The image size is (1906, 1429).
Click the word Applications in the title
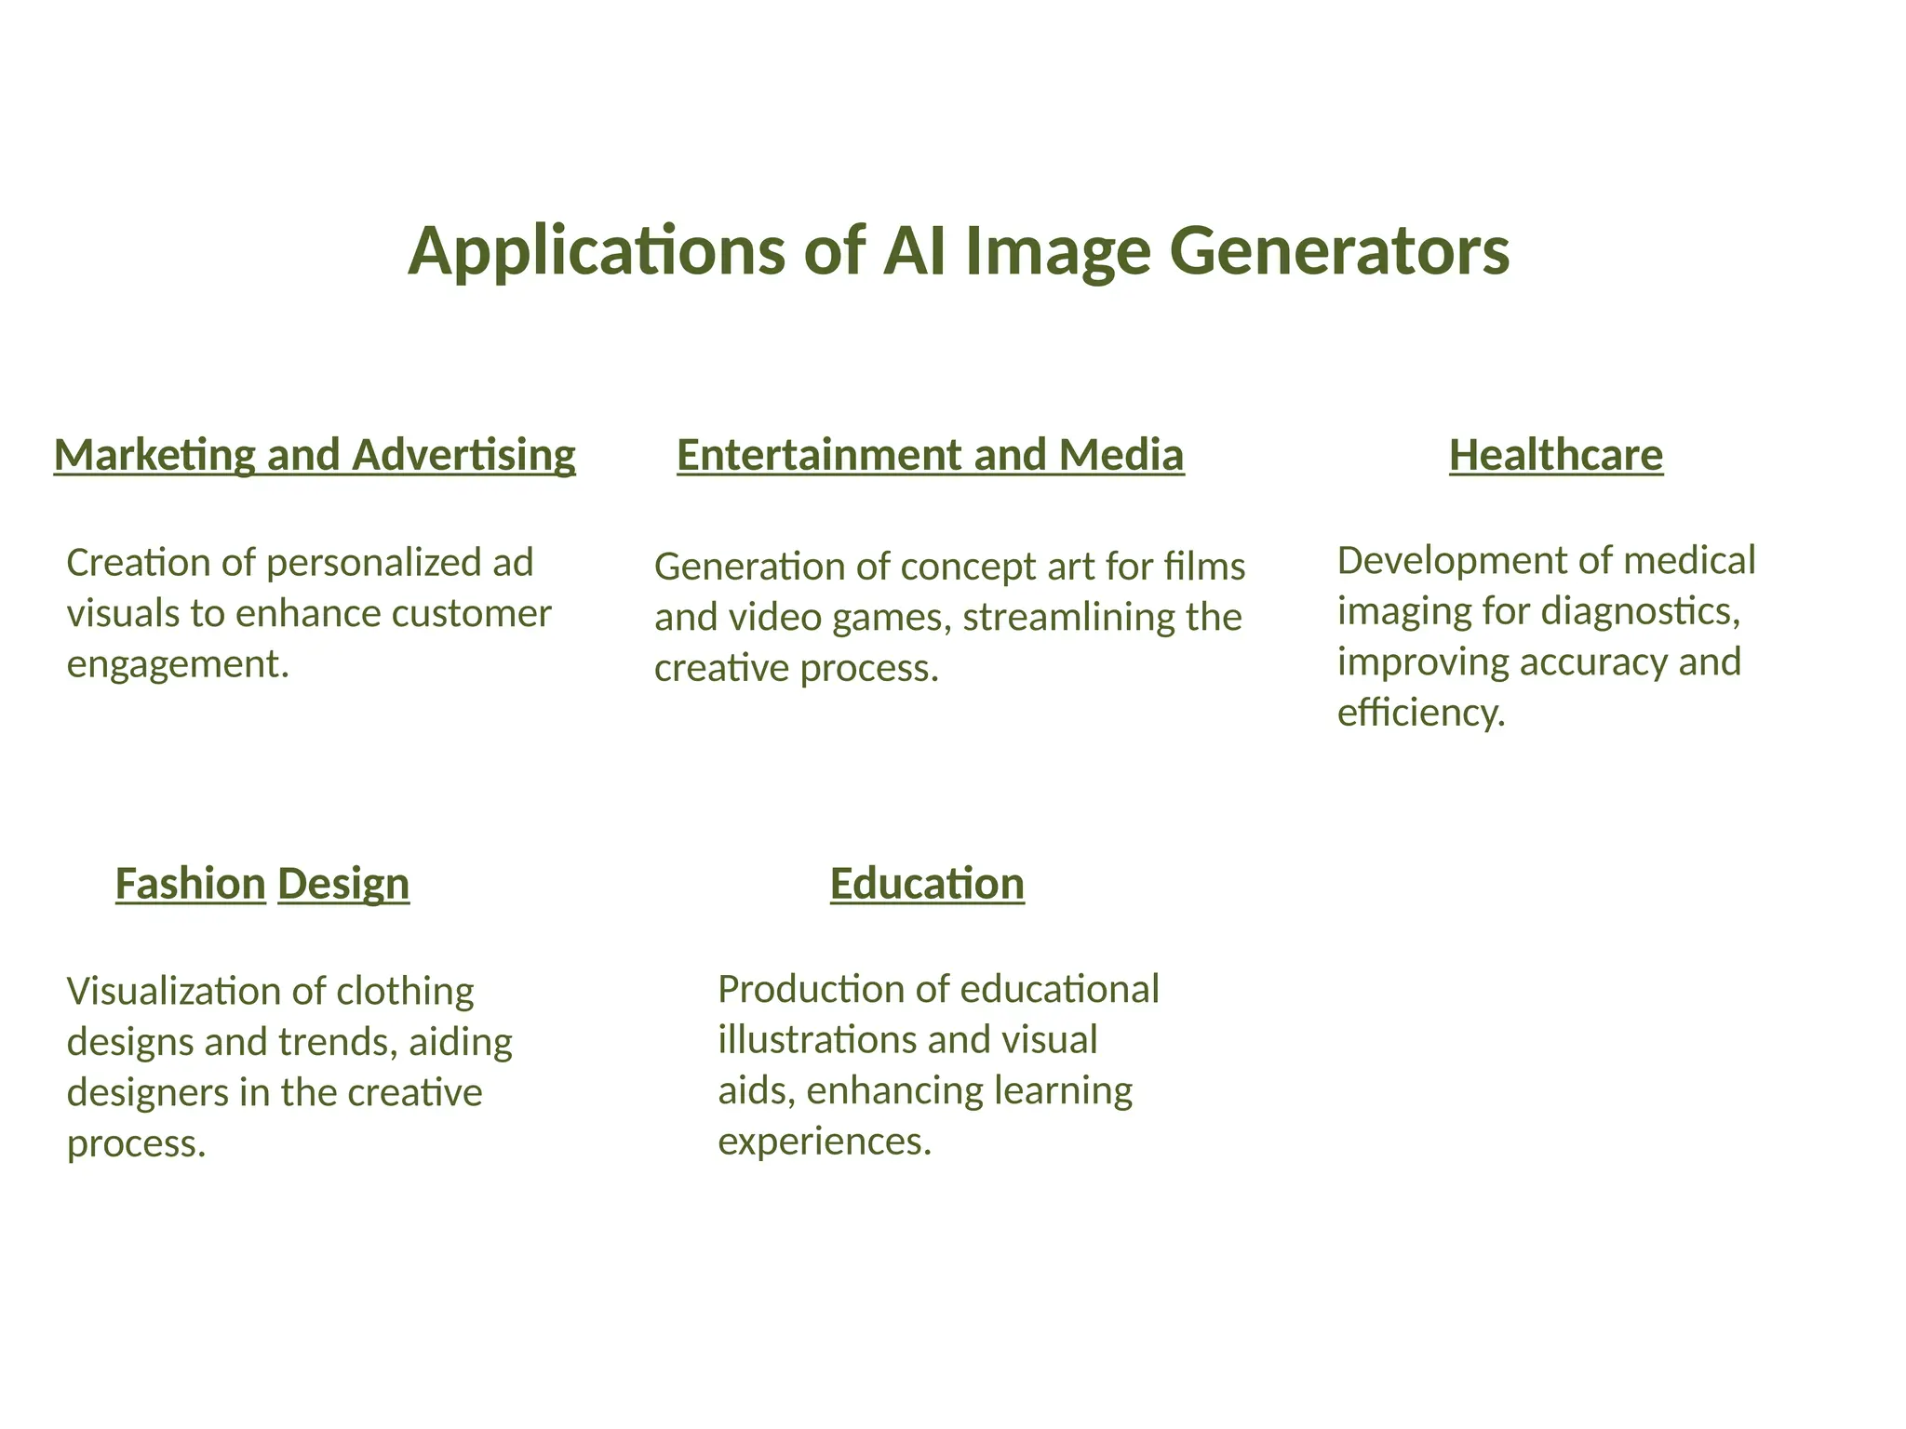597,252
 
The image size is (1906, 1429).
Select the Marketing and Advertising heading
315,456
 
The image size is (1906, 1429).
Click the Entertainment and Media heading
930,456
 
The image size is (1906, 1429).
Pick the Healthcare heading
1555,456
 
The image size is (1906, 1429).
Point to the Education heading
927,884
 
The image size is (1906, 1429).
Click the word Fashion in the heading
190,884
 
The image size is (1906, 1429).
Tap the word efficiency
1420,714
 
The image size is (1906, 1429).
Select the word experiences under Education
824,1142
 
